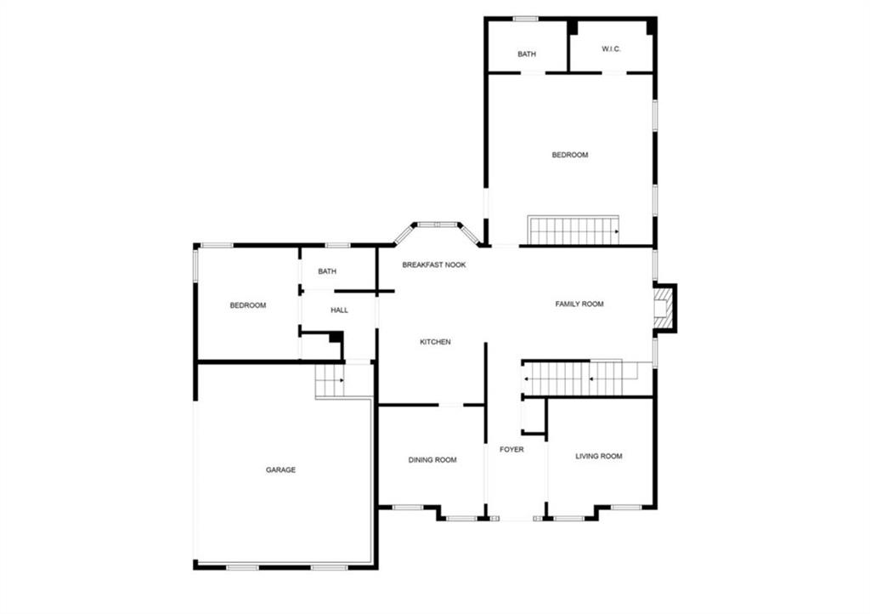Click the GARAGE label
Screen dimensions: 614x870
[x=280, y=469]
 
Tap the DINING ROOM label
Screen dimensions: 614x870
[x=432, y=460]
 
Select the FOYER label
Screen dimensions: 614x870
[x=511, y=449]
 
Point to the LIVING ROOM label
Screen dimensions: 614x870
[x=599, y=456]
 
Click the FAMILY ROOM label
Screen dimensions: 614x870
[x=579, y=304]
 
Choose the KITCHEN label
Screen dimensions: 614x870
[x=435, y=342]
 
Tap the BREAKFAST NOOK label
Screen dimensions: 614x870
[x=434, y=265]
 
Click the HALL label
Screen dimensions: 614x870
[x=339, y=310]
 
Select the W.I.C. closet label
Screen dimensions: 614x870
[x=612, y=49]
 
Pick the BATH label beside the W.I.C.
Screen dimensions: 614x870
[x=527, y=54]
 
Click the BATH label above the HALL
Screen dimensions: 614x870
[x=327, y=272]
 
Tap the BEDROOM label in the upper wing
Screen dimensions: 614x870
[x=569, y=155]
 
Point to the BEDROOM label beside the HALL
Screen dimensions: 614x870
[x=248, y=305]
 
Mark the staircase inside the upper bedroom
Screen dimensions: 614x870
[x=573, y=230]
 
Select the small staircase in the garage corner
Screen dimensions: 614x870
[x=330, y=381]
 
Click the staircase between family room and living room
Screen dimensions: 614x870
[x=578, y=378]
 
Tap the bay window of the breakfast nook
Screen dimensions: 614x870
[x=437, y=225]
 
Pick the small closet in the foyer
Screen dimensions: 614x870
[x=534, y=418]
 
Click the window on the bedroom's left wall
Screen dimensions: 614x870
[x=196, y=264]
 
